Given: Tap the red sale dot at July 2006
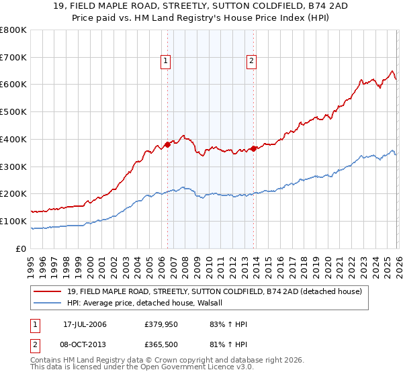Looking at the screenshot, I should [x=167, y=144].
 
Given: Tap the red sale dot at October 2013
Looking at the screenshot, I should [x=253, y=148].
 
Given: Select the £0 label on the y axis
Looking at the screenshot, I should [x=22, y=248].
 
